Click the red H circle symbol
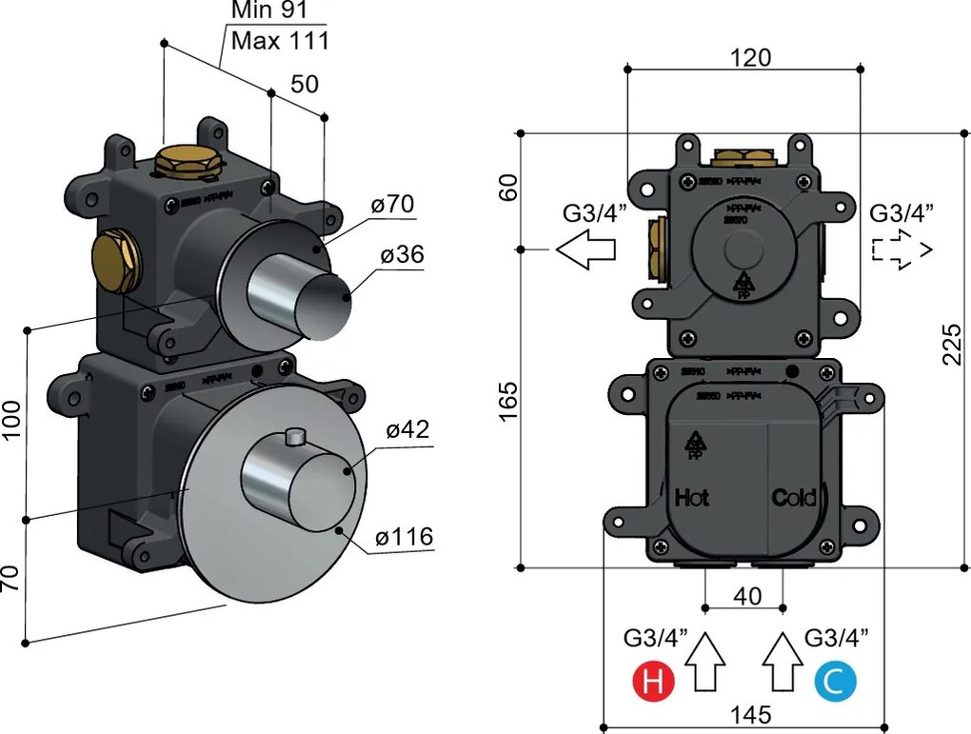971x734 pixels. coord(654,683)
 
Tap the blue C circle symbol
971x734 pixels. coord(835,683)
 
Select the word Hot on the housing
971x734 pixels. coord(692,497)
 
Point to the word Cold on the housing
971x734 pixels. coord(794,497)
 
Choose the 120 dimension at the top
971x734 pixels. coord(750,57)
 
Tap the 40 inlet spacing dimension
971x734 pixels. coord(747,596)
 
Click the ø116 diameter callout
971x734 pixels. coord(404,537)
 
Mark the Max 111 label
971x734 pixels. coord(280,41)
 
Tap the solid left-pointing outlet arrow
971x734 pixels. coord(585,249)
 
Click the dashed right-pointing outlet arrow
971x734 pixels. coord(901,249)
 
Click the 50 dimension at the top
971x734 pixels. coord(305,84)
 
